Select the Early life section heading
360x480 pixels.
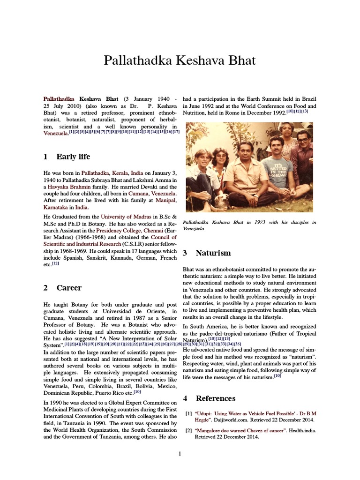coord(73,157)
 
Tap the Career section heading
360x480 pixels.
coord(69,288)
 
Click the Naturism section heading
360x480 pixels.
coord(213,253)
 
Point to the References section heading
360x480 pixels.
coord(215,398)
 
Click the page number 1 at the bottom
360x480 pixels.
coord(180,453)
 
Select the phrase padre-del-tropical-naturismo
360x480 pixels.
coord(234,333)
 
